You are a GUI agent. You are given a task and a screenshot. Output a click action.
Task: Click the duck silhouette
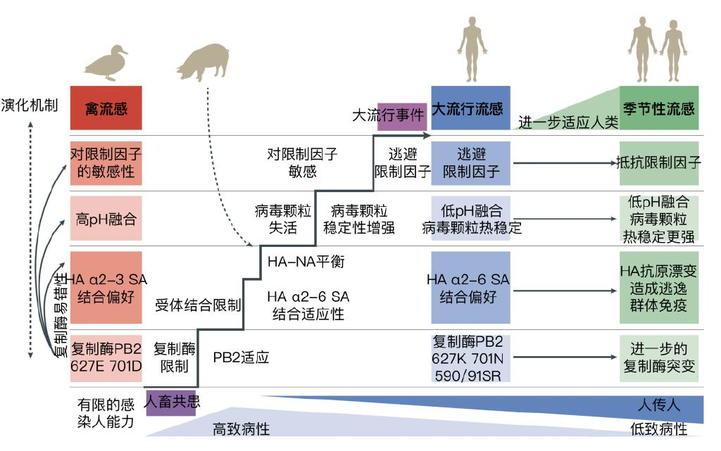click(106, 63)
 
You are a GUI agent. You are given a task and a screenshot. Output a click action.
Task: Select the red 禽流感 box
click(106, 108)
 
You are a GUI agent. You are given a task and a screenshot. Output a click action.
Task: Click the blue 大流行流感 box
click(470, 108)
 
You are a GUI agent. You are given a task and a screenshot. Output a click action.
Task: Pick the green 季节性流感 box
click(658, 108)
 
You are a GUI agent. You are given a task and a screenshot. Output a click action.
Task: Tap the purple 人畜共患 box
click(170, 402)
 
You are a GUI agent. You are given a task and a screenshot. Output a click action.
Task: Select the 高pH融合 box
click(106, 218)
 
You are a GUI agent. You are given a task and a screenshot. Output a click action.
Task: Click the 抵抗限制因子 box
click(658, 163)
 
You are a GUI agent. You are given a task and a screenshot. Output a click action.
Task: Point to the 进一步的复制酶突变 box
click(658, 357)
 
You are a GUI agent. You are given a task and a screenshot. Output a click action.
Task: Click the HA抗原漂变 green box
click(658, 288)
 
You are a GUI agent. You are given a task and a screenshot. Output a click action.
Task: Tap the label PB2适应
click(242, 357)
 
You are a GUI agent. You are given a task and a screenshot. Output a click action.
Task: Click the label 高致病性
click(242, 428)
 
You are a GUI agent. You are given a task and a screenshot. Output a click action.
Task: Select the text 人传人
click(658, 406)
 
